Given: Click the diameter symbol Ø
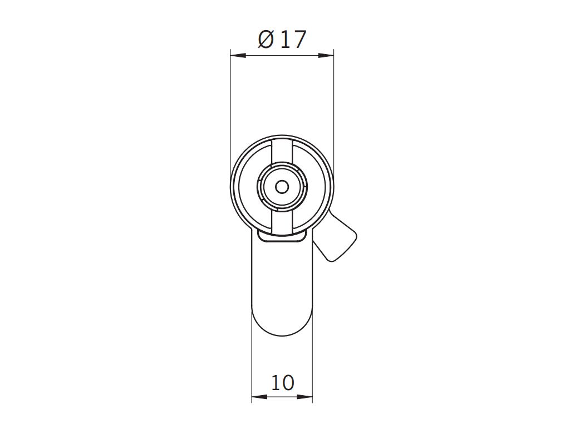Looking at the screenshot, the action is (x=266, y=40).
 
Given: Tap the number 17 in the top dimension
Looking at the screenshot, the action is (x=293, y=40).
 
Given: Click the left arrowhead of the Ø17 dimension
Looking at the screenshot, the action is (x=238, y=55).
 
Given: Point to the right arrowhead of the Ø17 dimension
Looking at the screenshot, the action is (x=326, y=55).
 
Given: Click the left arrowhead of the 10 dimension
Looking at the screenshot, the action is (x=259, y=396).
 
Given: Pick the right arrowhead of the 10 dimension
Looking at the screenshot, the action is (x=305, y=396).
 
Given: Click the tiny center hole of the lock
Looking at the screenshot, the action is (x=282, y=187).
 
